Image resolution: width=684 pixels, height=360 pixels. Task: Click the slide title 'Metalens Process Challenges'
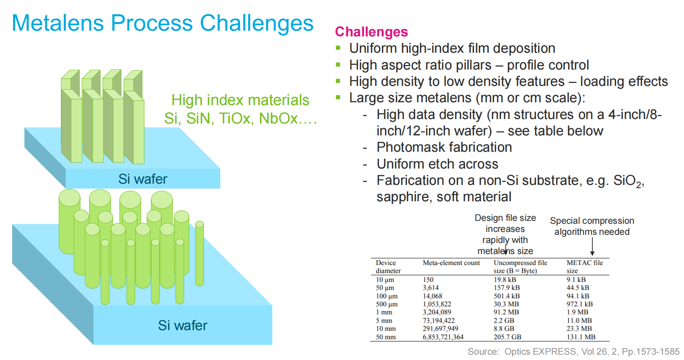tap(162, 23)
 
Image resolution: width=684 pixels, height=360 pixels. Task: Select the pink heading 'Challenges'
tap(371, 32)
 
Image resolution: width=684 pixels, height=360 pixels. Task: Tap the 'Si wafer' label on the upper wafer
tap(143, 179)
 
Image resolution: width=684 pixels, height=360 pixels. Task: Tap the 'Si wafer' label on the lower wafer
tap(182, 325)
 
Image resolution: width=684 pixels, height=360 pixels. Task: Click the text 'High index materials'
tap(240, 100)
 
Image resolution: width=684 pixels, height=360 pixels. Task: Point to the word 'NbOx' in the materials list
tap(278, 118)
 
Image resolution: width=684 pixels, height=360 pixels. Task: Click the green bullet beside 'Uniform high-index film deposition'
tap(338, 48)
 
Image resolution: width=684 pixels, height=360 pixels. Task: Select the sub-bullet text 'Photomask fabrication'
tap(444, 147)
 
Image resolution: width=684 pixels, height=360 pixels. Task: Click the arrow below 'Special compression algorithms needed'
tap(592, 246)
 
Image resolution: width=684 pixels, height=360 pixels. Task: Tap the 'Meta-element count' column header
tap(451, 263)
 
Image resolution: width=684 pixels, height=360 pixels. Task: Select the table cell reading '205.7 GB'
tap(507, 337)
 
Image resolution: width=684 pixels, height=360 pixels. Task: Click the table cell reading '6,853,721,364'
tap(443, 337)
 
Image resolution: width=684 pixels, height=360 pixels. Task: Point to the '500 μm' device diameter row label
tap(387, 304)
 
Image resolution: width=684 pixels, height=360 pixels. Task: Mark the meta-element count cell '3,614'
tap(431, 288)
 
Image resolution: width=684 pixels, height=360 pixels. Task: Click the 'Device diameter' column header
tap(388, 267)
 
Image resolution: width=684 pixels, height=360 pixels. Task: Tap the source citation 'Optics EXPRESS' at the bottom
tap(540, 351)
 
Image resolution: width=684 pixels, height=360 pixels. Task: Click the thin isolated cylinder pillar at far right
tap(200, 253)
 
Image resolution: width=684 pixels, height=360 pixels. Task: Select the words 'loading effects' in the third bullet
tap(624, 81)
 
